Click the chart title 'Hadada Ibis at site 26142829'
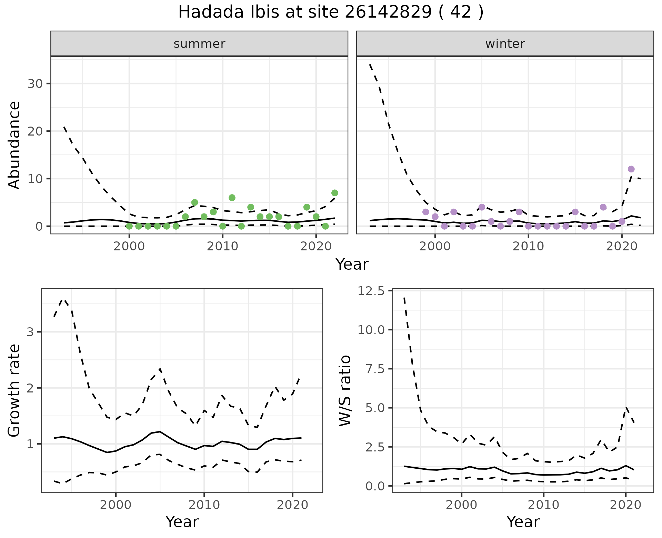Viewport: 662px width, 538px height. click(330, 13)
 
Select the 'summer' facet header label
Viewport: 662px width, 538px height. click(199, 44)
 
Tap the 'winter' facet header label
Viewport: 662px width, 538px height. click(505, 44)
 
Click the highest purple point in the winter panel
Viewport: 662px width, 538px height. click(631, 169)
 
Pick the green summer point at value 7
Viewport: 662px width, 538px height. click(334, 193)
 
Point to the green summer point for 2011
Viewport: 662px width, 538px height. click(232, 198)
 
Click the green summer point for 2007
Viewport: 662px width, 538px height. click(194, 202)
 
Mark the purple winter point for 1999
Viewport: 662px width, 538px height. click(425, 212)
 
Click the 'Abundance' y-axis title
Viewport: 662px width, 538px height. click(14, 145)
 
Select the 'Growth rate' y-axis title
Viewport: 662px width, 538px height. click(14, 390)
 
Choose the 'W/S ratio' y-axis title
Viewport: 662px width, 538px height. click(345, 390)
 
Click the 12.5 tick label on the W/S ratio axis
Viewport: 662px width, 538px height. click(371, 291)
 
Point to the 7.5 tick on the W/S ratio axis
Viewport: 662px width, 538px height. click(374, 369)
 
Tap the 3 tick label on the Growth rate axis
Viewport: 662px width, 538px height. click(30, 332)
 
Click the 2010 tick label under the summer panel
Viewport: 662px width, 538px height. click(222, 247)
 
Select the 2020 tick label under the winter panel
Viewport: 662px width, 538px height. click(621, 247)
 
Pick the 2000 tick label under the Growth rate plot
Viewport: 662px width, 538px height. click(116, 505)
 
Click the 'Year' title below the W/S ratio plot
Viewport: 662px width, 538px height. click(523, 522)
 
